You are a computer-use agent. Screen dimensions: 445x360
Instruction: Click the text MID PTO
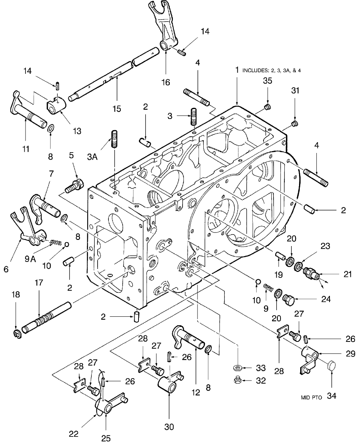pos(311,396)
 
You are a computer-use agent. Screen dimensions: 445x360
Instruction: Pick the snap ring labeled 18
pos(16,333)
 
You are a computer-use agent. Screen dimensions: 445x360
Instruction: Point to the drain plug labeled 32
pos(238,380)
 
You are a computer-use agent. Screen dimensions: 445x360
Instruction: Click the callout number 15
pos(117,109)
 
